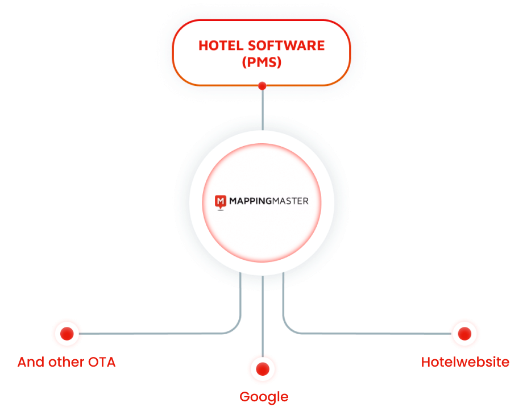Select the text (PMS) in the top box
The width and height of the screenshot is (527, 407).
click(261, 63)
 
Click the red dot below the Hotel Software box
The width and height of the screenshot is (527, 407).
click(262, 86)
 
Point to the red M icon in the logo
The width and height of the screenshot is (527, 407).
click(220, 201)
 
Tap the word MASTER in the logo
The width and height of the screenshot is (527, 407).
click(289, 201)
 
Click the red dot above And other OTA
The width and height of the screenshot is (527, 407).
click(67, 334)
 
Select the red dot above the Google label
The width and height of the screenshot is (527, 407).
click(262, 369)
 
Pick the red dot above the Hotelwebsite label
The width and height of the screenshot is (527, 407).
click(464, 334)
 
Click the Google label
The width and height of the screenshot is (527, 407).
click(264, 397)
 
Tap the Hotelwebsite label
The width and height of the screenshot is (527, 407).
click(465, 362)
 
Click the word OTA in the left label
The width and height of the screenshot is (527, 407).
click(102, 362)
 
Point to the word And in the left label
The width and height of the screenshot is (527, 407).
click(31, 362)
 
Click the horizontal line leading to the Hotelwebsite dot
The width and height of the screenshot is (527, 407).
click(370, 334)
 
